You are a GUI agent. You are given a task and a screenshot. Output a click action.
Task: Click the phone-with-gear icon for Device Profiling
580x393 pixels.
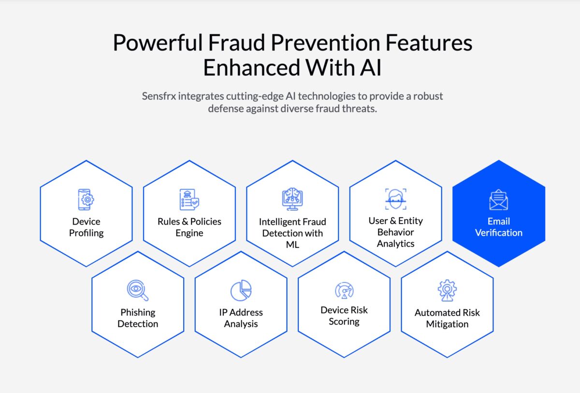[86, 199]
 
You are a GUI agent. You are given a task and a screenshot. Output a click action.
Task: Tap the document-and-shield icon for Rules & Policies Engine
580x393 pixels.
[189, 199]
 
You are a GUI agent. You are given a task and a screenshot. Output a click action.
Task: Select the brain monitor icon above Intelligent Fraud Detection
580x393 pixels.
[292, 199]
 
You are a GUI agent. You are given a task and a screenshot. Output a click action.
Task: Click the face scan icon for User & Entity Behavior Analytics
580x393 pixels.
[396, 199]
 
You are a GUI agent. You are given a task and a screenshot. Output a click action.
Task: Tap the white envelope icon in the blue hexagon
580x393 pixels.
[499, 199]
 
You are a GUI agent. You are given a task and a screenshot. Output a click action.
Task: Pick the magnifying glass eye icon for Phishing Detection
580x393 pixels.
[137, 290]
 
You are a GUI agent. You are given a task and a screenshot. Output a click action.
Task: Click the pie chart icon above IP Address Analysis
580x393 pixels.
[241, 290]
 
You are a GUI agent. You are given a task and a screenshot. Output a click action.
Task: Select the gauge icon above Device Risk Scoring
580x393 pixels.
[344, 290]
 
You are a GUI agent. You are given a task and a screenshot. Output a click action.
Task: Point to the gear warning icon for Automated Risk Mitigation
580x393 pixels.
[447, 290]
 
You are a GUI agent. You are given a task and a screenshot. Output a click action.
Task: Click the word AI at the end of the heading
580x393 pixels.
[371, 67]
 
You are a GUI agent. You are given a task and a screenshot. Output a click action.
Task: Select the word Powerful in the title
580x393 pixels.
[158, 43]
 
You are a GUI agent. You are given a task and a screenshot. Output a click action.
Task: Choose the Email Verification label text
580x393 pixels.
[499, 227]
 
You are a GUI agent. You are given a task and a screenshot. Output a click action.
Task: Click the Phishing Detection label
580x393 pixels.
[138, 318]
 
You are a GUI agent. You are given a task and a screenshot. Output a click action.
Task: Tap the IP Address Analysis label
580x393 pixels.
[241, 318]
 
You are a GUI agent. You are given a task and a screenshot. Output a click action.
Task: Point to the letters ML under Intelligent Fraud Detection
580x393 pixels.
[292, 244]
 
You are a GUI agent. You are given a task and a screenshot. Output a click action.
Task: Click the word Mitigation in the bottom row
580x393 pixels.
[447, 324]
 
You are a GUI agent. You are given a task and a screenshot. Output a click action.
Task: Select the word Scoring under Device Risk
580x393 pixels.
[344, 322]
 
